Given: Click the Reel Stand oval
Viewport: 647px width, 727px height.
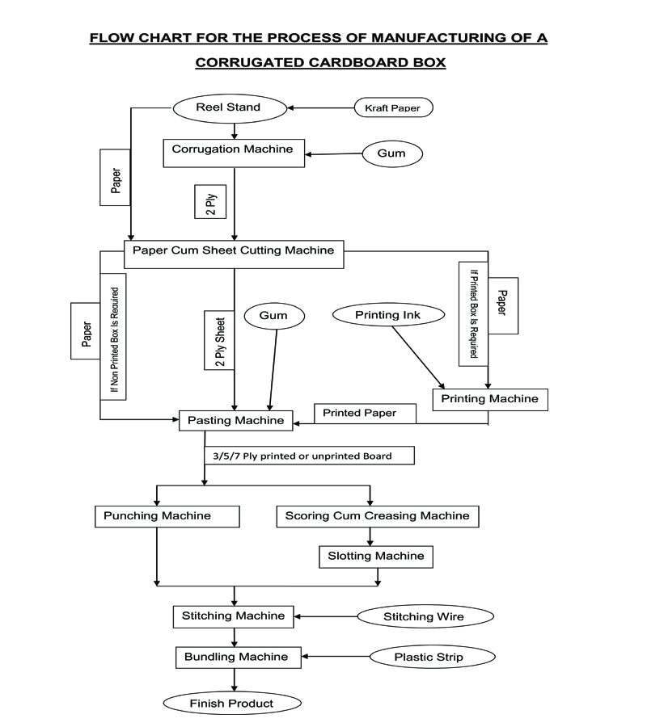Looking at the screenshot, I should (x=229, y=107).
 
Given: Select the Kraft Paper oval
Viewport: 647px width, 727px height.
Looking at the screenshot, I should (x=393, y=107).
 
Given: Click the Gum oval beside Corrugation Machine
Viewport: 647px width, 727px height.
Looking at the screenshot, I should (x=394, y=153).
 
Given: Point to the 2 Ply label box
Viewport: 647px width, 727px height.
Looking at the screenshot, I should (x=205, y=202).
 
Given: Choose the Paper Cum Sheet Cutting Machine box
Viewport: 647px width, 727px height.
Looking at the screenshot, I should (x=234, y=250).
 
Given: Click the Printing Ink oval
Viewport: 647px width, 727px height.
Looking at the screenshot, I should (x=389, y=314).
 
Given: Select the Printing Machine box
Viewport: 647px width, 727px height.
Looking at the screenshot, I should (x=490, y=399).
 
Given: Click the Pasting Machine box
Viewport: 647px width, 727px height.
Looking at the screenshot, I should (x=235, y=421).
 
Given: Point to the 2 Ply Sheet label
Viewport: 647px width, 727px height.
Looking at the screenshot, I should (x=220, y=339).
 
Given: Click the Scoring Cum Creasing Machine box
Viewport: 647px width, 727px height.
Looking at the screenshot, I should (x=377, y=516).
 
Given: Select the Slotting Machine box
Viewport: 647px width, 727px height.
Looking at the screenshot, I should (x=375, y=557).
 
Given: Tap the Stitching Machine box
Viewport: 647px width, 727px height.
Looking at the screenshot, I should (x=233, y=616).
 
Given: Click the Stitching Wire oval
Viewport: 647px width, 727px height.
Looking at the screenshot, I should (x=425, y=617).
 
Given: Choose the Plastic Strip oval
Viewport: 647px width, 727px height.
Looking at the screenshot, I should (x=429, y=658).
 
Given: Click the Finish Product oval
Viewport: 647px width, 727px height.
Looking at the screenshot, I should (x=231, y=704).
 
